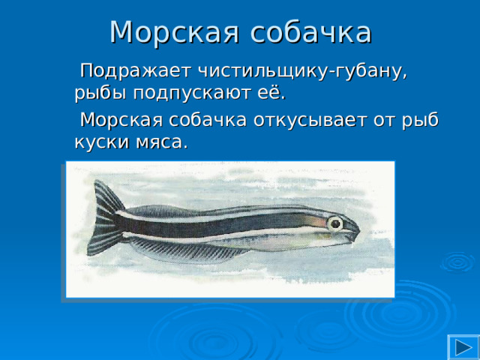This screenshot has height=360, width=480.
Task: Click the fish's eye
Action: point(335,223)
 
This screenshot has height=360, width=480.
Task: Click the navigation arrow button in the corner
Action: point(463,346)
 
